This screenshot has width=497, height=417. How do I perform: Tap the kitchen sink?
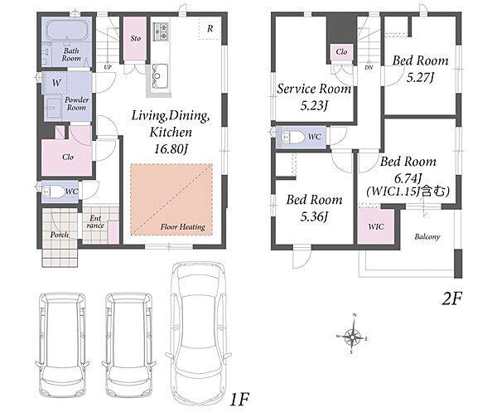coord(160,75)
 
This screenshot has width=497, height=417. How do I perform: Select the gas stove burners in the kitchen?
coord(161,31)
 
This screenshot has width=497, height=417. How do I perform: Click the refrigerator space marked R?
coord(210,29)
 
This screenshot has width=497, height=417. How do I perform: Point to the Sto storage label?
coord(135,38)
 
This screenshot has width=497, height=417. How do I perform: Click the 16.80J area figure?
coord(171,148)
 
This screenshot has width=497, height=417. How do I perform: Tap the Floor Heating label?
coord(182,226)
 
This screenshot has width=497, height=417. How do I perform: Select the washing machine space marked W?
coord(56,83)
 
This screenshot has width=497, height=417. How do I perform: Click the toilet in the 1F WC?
coord(53,192)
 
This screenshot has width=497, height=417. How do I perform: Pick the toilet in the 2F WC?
coord(291,138)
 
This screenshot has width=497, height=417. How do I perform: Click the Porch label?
coord(60,235)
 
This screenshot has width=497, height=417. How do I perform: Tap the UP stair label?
coord(108,67)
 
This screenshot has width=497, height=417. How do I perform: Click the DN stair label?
coord(369,67)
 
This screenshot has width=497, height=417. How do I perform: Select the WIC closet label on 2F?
coord(376,226)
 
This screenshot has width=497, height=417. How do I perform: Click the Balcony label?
coord(427,236)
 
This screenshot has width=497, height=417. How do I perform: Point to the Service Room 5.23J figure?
coord(314,105)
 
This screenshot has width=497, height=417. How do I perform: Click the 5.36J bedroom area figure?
coord(314,217)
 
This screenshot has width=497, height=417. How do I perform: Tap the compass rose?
coord(353,336)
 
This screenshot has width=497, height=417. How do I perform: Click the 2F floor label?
coord(452,298)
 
